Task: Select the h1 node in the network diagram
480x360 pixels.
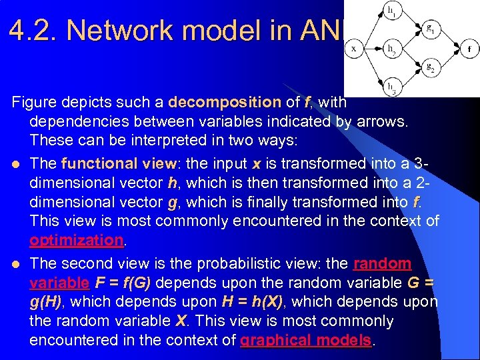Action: click(391, 11)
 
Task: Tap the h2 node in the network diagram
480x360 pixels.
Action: click(391, 49)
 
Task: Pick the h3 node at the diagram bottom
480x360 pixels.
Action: click(391, 86)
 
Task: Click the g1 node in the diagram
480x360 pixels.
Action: click(429, 30)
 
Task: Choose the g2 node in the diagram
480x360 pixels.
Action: click(429, 67)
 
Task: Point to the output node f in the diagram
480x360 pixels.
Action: click(468, 49)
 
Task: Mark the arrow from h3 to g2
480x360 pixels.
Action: click(410, 77)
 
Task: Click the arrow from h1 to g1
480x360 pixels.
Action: click(410, 21)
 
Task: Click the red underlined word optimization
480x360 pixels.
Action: click(76, 239)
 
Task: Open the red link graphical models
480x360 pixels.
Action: click(305, 340)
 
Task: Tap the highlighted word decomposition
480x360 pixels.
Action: click(224, 103)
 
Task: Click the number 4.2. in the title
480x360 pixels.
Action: click(35, 31)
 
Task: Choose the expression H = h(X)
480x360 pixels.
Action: click(253, 301)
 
